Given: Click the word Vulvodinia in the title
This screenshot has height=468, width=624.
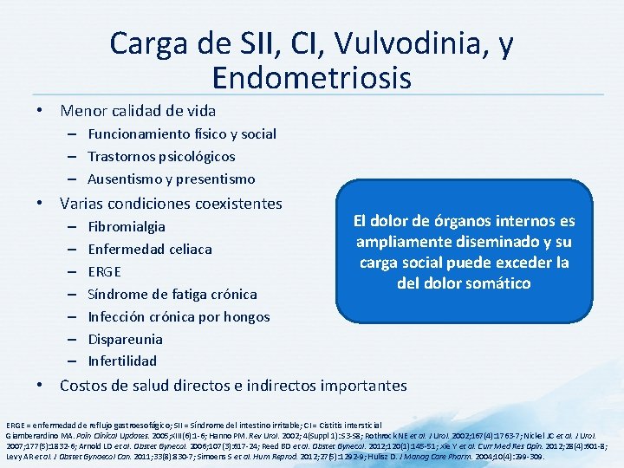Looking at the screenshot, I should coord(408,44).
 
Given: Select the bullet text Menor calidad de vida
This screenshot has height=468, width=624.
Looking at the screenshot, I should coord(138,111).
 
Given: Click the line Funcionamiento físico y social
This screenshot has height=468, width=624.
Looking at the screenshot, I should coord(182,134).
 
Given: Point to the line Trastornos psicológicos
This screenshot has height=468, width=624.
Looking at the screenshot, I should coord(161,157).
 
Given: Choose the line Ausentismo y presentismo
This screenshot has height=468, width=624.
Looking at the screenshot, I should coord(172,179).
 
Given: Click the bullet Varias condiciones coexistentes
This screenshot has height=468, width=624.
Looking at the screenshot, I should coord(171,204).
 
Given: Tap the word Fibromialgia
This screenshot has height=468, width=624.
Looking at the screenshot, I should coord(127,227).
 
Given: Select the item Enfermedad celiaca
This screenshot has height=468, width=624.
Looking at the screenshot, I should coord(150,250).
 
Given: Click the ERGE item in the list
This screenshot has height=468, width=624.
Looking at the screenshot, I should coord(105,272).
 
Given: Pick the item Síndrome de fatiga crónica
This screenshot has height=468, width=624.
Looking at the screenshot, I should coord(172,295).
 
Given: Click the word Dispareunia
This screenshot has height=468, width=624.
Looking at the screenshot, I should coord(126,339).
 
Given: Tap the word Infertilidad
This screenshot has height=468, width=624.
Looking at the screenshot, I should coord(122,361).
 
